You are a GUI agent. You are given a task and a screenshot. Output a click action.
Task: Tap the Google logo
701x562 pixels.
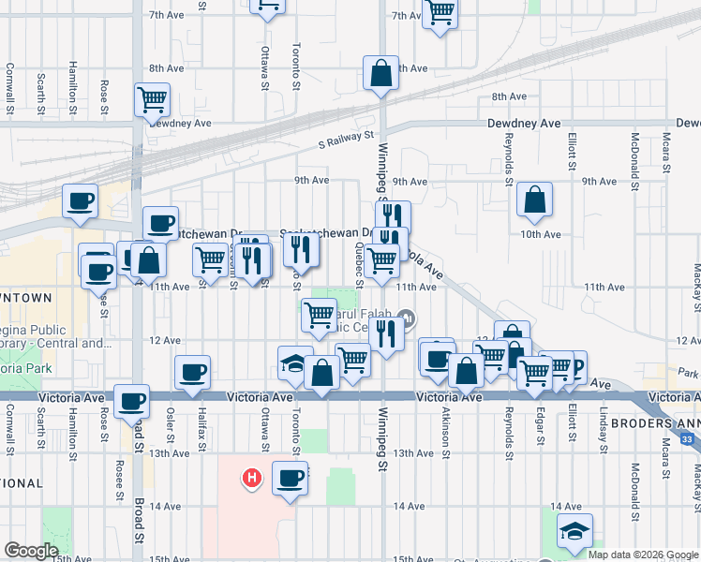point(31,551)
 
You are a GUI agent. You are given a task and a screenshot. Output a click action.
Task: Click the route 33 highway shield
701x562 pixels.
point(690,437)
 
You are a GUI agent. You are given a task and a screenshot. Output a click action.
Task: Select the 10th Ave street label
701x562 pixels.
point(540,233)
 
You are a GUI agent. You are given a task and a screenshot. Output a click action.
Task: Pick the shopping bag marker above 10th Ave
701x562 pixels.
point(533,199)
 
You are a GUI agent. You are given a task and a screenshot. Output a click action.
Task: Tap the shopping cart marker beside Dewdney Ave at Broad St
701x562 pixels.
point(152,98)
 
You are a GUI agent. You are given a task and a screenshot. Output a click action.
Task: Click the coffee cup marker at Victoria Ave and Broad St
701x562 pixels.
point(131,401)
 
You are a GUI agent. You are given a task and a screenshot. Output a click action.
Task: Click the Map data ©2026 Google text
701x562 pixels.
point(643,555)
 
